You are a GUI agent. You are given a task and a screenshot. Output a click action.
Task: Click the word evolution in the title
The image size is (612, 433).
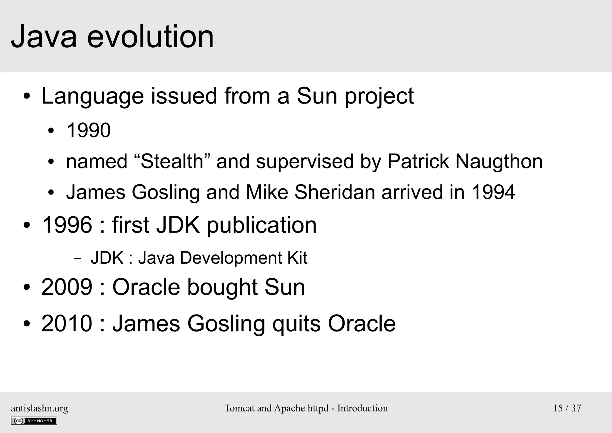(150, 37)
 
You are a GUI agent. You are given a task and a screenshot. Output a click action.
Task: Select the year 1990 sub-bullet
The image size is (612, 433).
(88, 130)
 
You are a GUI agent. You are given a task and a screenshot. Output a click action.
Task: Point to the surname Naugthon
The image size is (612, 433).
(499, 162)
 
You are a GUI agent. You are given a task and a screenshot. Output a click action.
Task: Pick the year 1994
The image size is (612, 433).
(493, 192)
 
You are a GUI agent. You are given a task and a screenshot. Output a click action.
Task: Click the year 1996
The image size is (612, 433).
(67, 225)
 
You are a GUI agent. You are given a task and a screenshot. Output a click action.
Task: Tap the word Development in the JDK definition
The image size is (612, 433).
(230, 258)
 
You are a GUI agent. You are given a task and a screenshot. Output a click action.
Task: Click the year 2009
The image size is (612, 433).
(67, 287)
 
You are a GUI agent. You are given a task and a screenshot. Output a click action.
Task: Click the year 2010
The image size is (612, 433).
(67, 323)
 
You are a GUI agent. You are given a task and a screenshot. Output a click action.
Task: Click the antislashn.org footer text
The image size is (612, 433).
(39, 408)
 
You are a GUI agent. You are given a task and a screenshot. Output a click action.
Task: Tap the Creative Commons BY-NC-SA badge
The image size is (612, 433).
(34, 421)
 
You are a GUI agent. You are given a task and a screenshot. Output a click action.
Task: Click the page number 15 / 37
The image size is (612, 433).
(567, 408)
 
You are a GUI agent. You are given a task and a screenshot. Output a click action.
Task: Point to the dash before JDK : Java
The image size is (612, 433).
(77, 258)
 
